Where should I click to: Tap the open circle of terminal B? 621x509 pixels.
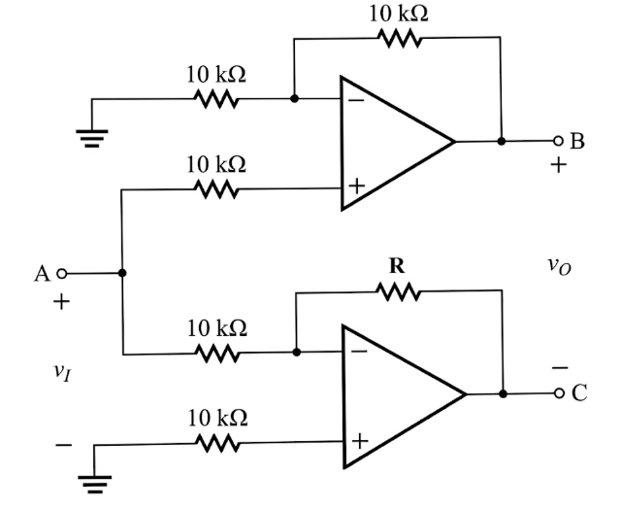(x=558, y=141)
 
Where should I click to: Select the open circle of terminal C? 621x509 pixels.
(x=558, y=394)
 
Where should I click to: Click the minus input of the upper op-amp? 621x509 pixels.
(x=355, y=98)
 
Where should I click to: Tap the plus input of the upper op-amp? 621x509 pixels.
(x=355, y=187)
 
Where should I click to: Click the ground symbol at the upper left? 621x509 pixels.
(x=93, y=135)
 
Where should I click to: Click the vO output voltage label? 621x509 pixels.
(x=558, y=264)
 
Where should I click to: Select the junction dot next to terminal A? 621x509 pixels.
(x=122, y=274)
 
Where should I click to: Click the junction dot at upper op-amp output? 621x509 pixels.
(x=502, y=141)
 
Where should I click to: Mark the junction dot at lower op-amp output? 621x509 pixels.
(x=503, y=394)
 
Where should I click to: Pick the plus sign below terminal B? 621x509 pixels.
(x=558, y=165)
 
